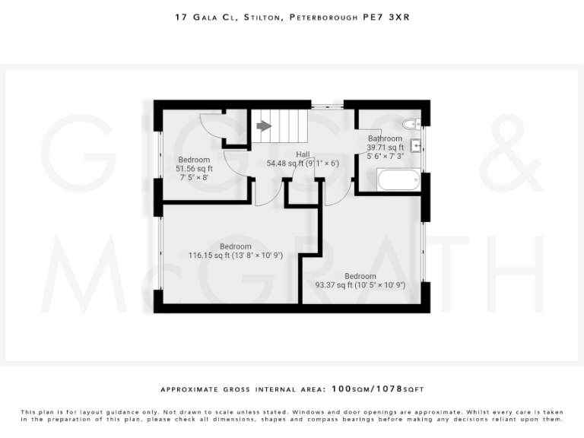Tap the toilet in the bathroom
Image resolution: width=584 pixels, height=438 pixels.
coord(412,125)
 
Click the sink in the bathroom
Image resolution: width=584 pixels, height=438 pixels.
coord(416,146)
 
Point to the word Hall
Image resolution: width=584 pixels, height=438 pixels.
coord(302,153)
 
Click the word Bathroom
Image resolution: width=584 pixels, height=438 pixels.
coord(386,138)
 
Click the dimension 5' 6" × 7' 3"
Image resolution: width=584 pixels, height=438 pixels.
coord(386,157)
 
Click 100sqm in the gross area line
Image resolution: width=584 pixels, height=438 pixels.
coord(349,388)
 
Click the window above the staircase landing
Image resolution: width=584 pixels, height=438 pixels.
coord(325,103)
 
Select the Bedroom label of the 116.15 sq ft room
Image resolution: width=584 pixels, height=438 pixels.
coord(235,246)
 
